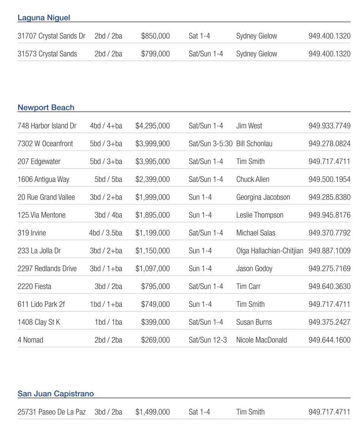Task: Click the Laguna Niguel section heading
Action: click(44, 18)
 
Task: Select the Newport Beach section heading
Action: click(46, 108)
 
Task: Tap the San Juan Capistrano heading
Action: click(56, 394)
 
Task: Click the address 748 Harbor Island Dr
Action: click(47, 126)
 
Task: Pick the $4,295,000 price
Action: click(153, 126)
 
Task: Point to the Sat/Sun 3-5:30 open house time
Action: click(210, 144)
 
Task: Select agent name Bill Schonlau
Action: click(254, 144)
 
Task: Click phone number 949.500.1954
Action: click(329, 179)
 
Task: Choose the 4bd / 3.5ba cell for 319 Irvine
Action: click(105, 233)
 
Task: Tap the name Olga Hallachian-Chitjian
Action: click(270, 251)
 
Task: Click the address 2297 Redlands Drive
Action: click(47, 269)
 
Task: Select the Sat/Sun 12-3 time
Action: click(208, 340)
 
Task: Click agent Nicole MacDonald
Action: click(261, 340)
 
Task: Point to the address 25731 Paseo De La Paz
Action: click(51, 412)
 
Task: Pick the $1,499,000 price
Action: click(153, 412)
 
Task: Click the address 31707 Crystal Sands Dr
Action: click(51, 36)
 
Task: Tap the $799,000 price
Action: click(155, 54)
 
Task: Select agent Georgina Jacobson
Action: click(263, 197)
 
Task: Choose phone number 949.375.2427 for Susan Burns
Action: click(329, 322)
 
